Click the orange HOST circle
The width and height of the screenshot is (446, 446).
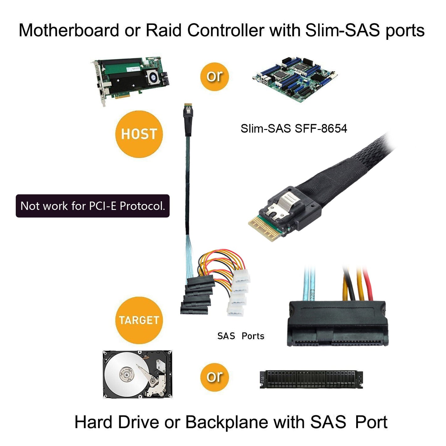point(139,134)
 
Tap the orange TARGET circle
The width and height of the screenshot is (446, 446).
point(139,320)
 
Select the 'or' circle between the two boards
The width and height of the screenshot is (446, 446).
point(215,77)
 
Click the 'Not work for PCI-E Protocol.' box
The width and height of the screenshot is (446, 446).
point(93,206)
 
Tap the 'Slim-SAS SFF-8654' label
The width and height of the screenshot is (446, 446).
point(294,128)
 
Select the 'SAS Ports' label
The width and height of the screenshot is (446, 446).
point(241,336)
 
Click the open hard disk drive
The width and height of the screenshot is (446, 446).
point(137,374)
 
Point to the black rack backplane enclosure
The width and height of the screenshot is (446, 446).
point(311,379)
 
